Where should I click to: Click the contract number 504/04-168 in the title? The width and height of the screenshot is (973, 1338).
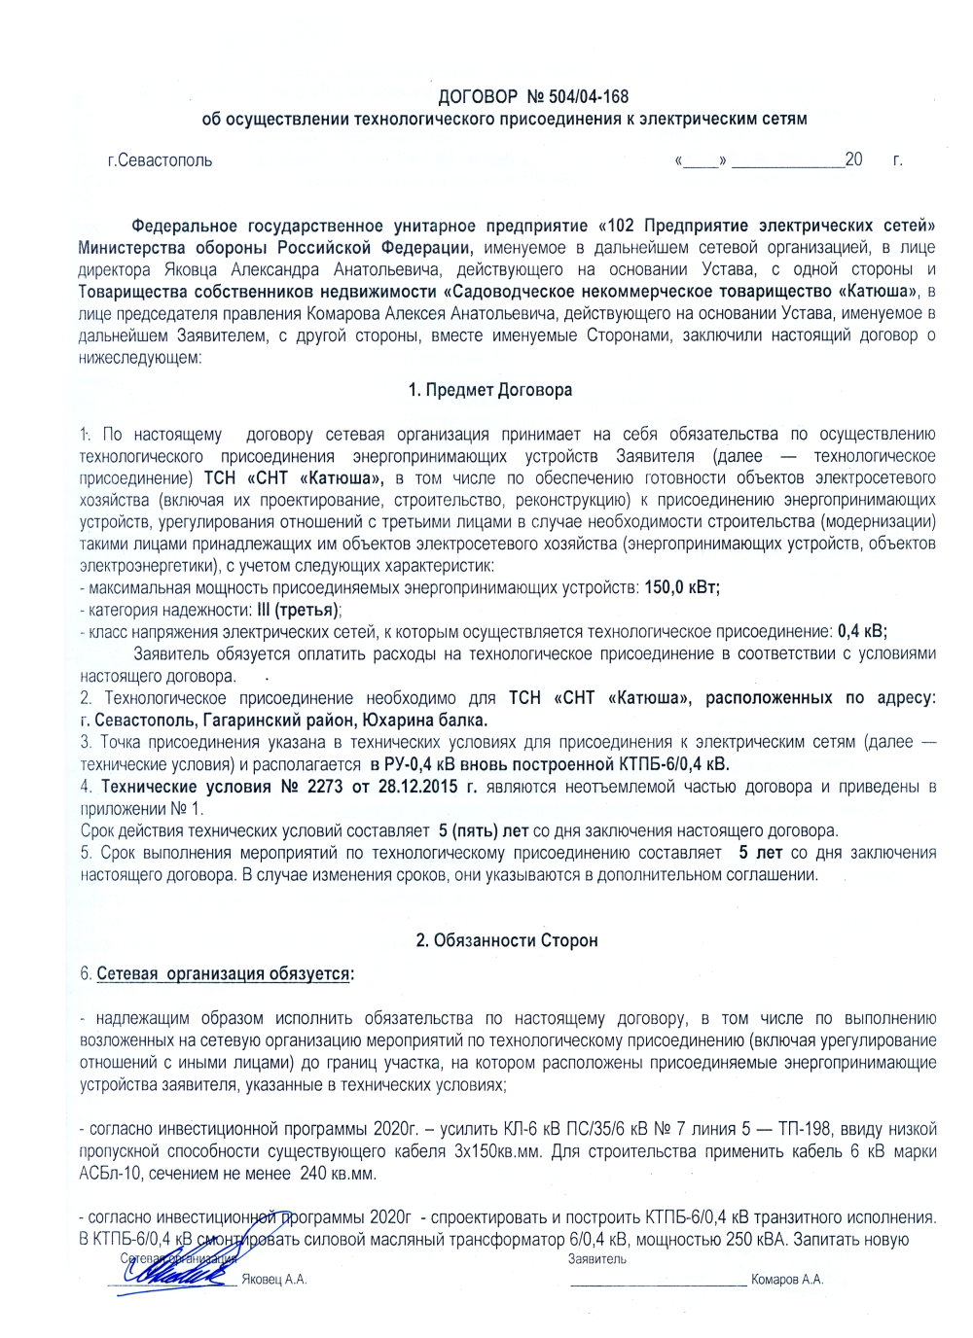click(x=589, y=97)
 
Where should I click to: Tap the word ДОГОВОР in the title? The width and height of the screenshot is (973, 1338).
click(x=478, y=97)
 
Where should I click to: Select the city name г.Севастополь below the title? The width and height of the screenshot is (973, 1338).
click(x=160, y=160)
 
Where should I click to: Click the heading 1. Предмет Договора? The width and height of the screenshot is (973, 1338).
click(x=490, y=391)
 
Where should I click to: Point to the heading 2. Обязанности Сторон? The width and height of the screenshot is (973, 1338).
click(x=506, y=941)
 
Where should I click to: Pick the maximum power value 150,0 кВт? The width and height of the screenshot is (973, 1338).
click(x=682, y=588)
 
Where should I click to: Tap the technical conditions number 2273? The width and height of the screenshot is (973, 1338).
click(x=325, y=787)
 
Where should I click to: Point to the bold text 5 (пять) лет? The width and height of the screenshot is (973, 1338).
click(x=484, y=831)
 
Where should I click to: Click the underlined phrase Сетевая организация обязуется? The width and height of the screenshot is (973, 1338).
click(x=225, y=974)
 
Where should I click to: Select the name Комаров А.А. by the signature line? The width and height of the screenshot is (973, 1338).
click(x=787, y=1280)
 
